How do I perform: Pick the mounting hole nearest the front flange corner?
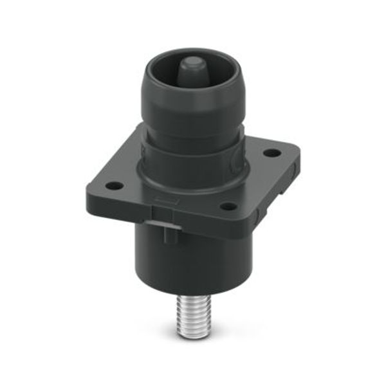226,207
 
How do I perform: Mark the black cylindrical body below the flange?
193,257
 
